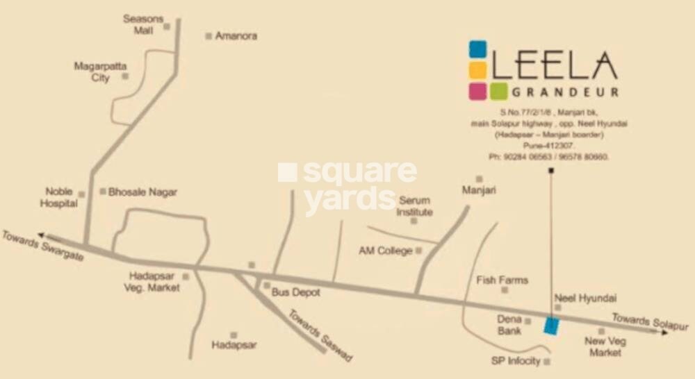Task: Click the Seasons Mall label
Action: (142, 24)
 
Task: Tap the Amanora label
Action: (236, 35)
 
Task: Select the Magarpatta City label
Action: (101, 72)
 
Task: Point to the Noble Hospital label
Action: (59, 198)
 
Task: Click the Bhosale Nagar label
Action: (142, 192)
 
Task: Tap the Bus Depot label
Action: (295, 292)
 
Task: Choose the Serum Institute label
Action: (414, 206)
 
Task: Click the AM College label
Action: (386, 251)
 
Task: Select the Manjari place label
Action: (479, 189)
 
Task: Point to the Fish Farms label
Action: (502, 280)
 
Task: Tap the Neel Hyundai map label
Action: (585, 298)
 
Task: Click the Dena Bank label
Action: (509, 325)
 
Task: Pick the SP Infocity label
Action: (516, 362)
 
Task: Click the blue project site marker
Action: (550, 326)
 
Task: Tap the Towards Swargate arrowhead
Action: (42, 236)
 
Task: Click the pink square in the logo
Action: (477, 91)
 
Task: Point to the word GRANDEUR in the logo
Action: (564, 91)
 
